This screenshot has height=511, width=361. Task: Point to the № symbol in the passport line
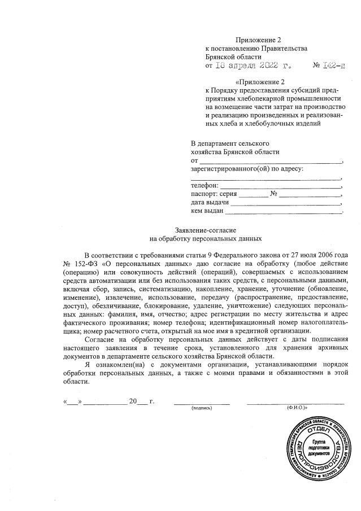[273, 193]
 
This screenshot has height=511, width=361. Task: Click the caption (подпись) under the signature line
[202, 407]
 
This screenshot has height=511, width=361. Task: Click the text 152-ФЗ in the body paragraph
[82, 264]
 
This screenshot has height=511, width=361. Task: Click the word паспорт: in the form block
[205, 193]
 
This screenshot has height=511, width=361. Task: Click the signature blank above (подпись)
[202, 402]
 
